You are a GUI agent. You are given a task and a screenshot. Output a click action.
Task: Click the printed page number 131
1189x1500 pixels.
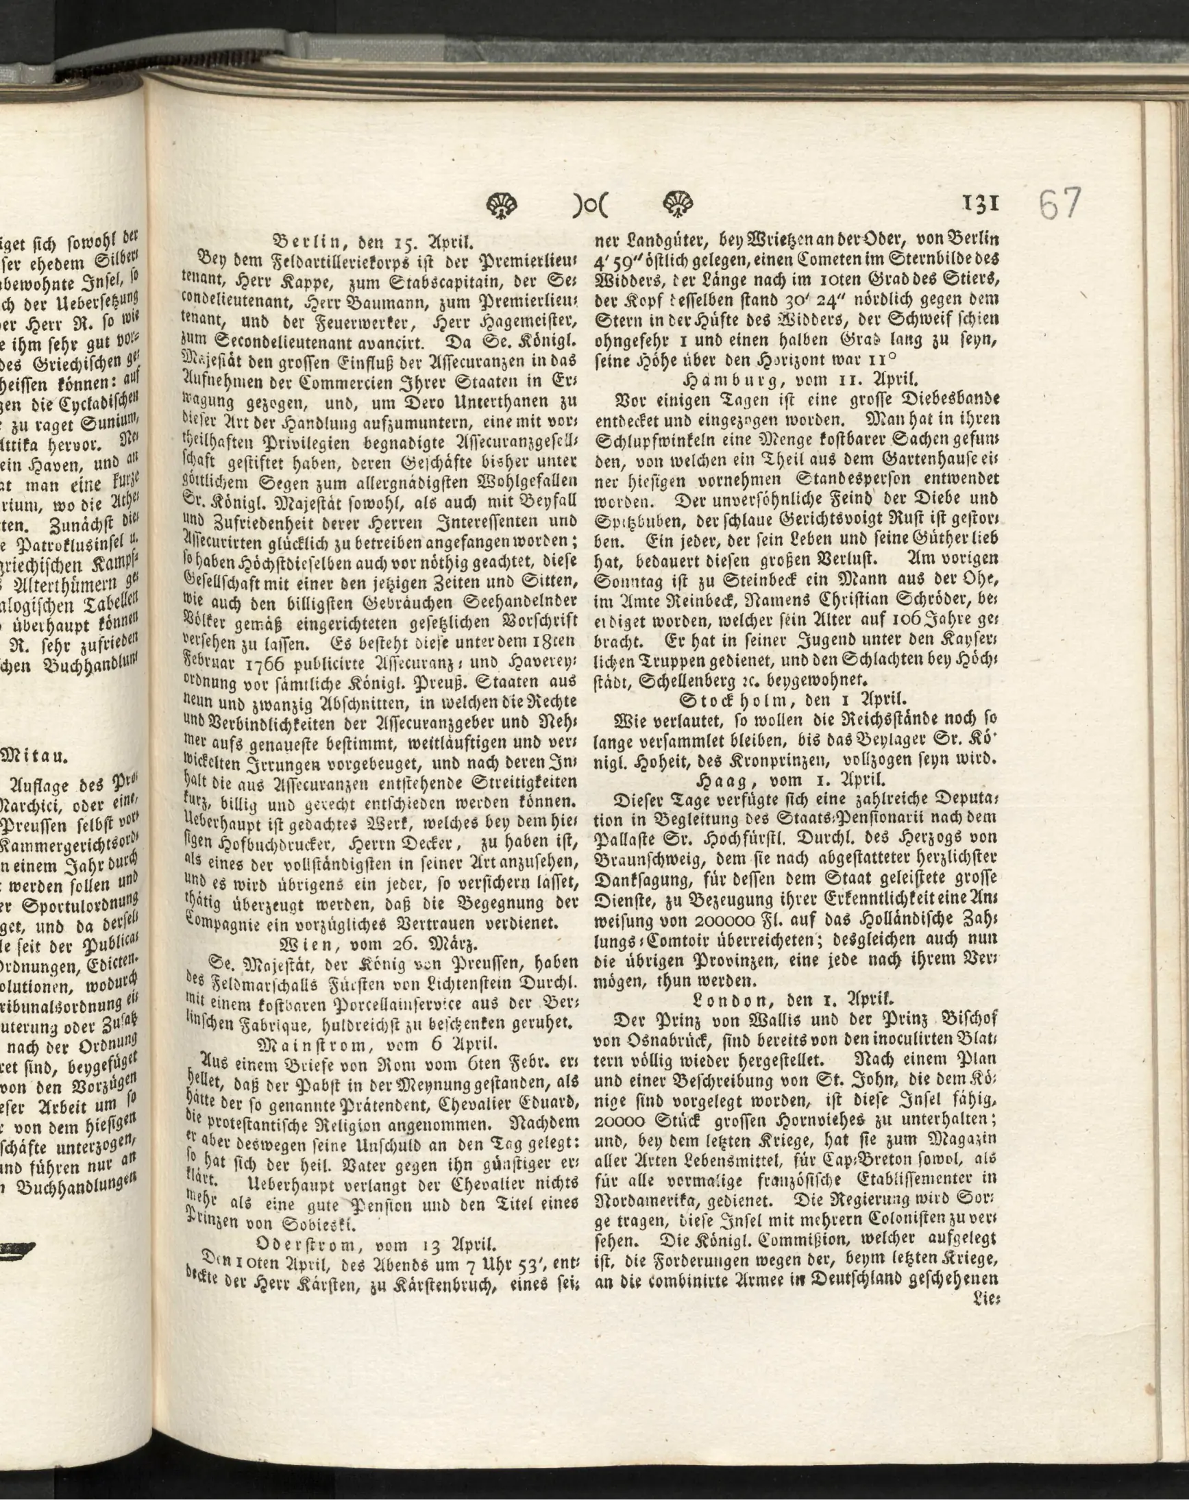(x=981, y=202)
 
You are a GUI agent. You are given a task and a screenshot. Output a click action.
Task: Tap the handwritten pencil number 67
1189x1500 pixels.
(x=1060, y=204)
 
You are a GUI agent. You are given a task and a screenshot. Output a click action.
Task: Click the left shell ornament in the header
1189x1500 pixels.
(x=502, y=204)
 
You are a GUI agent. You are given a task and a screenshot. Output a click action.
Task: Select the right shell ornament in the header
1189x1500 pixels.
(x=675, y=204)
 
